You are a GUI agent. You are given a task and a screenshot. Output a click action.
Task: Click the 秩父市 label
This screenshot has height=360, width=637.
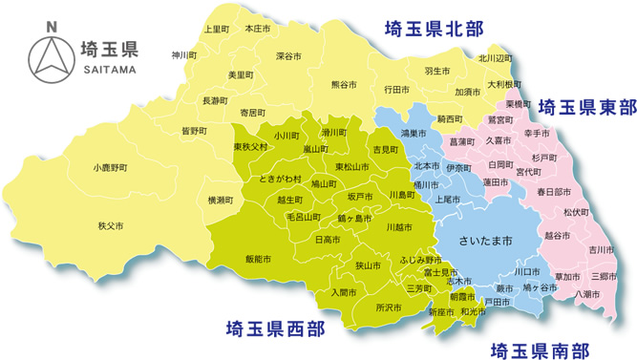113,226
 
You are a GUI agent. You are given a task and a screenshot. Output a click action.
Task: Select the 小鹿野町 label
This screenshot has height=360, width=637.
111,167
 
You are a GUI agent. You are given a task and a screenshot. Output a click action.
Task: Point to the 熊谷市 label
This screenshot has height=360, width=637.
344,84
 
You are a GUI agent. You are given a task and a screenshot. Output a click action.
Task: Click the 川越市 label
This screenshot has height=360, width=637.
399,227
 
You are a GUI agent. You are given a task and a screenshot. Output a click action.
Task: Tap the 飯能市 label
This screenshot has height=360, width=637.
259,259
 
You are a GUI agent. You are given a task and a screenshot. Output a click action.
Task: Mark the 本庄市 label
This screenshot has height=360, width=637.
258,30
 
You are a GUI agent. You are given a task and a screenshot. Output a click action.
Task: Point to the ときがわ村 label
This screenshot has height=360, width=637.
281,179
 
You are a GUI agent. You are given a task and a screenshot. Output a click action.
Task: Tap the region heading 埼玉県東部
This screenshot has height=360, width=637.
585,104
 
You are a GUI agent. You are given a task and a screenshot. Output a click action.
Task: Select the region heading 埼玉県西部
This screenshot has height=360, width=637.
274,329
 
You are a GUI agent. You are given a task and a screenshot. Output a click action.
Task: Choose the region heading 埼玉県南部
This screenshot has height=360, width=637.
539,348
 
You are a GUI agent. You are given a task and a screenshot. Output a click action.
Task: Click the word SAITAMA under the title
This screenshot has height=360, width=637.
111,70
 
